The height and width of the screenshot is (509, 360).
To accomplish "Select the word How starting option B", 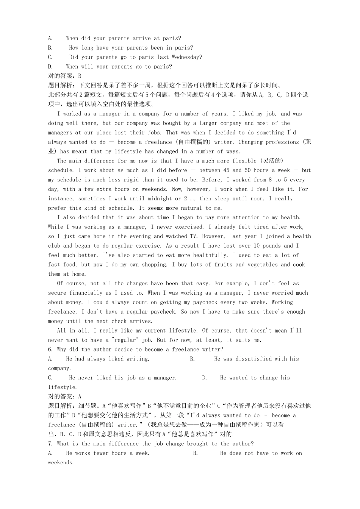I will click(74, 48).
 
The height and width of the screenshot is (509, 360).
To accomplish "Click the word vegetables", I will click(262, 265).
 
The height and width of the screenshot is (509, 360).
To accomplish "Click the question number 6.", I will click(50, 350).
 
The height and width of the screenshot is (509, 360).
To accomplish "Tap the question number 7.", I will click(50, 444).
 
